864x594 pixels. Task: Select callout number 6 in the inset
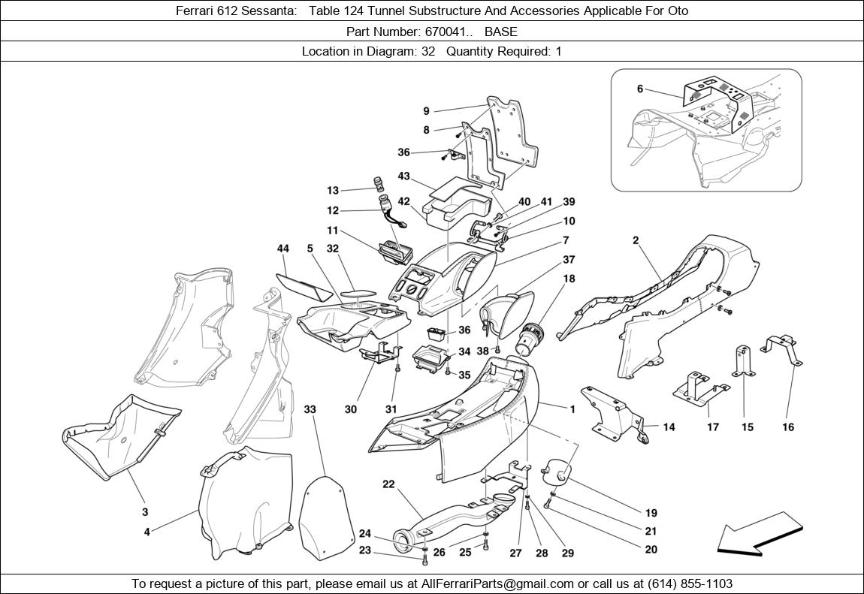[640, 89]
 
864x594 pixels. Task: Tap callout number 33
[310, 409]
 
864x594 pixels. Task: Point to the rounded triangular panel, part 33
[326, 511]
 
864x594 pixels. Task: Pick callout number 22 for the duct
[388, 484]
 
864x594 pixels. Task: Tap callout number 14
[669, 427]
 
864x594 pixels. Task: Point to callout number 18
[569, 279]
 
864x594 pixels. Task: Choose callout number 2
[636, 241]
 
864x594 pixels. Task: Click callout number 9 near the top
[426, 111]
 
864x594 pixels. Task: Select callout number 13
[333, 191]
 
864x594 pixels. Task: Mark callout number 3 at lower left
[145, 512]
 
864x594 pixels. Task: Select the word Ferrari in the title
[196, 11]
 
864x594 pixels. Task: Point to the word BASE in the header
[500, 32]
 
